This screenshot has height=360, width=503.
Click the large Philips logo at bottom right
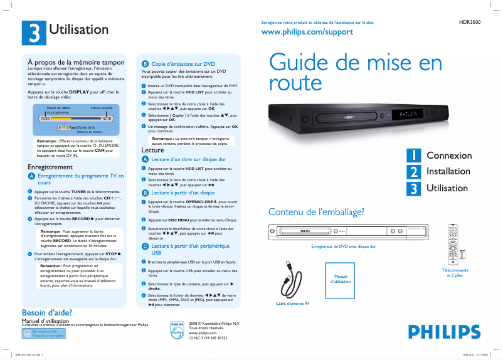440,331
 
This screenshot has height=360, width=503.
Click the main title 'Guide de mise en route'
355,71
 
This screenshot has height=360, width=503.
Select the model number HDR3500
470,22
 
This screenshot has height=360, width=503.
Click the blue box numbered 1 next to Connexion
413,156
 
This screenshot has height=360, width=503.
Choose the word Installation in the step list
448,171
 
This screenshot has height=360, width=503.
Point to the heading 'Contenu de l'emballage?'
316,212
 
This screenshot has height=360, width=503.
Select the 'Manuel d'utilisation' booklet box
341,278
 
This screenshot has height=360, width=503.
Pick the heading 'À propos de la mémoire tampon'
77,63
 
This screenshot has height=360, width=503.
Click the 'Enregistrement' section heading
54,167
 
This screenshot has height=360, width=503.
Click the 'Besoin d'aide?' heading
46,312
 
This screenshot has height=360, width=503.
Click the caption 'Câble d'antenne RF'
293,304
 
